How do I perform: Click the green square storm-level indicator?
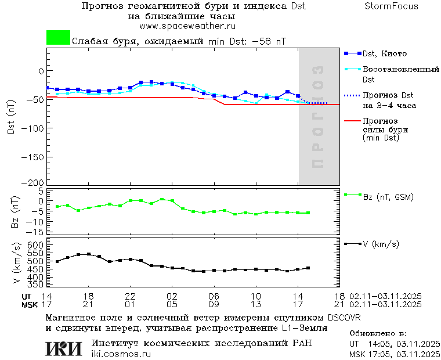[58, 38]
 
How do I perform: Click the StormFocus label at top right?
[391, 6]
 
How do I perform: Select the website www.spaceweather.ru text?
[187, 26]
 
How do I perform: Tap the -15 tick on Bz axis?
[36, 231]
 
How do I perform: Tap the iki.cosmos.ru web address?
[121, 354]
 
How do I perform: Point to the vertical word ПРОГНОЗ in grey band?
[317, 116]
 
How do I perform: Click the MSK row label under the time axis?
[30, 304]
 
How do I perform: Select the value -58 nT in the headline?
[271, 41]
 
